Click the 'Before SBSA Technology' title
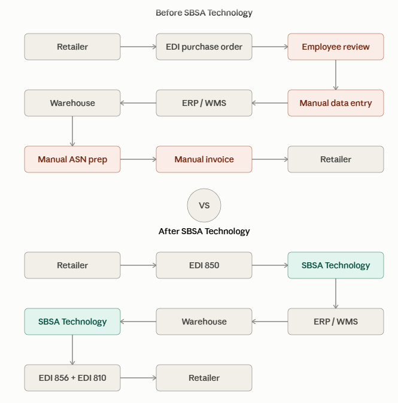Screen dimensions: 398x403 click(x=204, y=13)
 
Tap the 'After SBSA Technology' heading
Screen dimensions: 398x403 click(x=204, y=231)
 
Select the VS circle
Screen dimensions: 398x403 click(x=204, y=205)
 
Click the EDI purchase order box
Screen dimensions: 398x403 click(x=204, y=47)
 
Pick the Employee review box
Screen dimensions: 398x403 click(x=336, y=47)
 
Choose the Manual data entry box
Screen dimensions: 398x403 click(x=336, y=103)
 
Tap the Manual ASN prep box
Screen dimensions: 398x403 click(x=72, y=159)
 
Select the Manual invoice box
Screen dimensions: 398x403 click(x=204, y=159)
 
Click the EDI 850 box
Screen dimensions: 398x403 click(x=204, y=265)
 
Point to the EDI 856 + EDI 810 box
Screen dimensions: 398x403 click(x=72, y=378)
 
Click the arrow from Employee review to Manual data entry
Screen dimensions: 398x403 click(x=336, y=75)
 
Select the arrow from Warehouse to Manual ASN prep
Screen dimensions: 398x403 click(x=72, y=131)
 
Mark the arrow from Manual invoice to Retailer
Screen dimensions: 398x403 click(x=270, y=159)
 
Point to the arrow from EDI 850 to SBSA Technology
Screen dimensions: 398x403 click(x=270, y=265)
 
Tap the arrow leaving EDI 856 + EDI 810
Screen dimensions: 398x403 click(x=138, y=378)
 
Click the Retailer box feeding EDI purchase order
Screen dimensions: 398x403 click(x=72, y=47)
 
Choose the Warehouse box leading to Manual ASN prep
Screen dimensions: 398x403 click(x=72, y=103)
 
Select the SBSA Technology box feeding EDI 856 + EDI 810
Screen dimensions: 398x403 click(x=72, y=322)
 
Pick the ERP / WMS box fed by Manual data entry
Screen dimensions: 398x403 click(x=204, y=103)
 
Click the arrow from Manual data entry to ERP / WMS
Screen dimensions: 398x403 click(x=270, y=103)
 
